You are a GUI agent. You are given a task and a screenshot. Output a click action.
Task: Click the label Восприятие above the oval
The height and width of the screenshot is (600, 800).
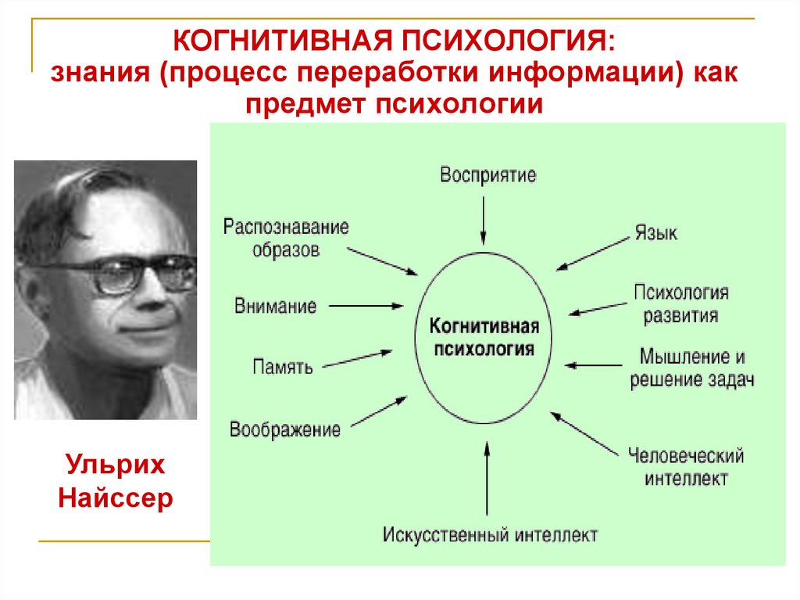487,174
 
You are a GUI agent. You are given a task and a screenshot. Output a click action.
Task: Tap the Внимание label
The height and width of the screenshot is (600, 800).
275,306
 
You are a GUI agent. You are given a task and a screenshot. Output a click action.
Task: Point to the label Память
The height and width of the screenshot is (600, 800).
283,366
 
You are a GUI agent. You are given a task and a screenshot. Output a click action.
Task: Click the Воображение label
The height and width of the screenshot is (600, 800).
284,429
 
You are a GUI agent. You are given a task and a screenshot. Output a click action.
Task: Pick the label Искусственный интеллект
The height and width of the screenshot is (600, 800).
490,536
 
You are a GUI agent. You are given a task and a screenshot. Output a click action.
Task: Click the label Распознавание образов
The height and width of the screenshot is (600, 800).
285,239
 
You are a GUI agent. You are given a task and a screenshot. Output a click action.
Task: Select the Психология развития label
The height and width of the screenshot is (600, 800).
680,305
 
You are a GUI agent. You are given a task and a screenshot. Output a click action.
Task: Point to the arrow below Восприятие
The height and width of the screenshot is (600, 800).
484,219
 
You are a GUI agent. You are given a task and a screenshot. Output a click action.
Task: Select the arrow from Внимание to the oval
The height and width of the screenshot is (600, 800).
366,306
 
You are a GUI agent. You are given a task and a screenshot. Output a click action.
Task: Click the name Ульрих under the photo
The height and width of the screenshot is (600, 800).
115,465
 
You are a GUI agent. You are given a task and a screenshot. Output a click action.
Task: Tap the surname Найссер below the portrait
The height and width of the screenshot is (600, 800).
115,498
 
